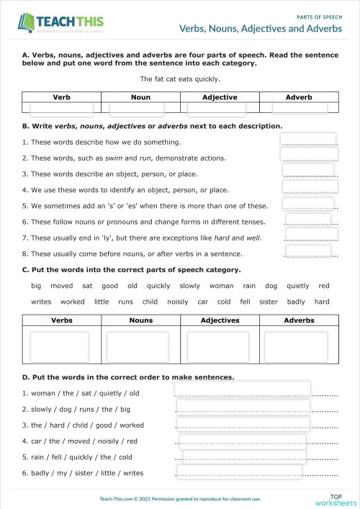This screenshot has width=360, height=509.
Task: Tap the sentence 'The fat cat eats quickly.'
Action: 180,79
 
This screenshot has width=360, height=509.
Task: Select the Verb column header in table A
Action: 62,96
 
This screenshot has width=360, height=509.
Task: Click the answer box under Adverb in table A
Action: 300,108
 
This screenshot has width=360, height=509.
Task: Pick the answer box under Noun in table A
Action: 140,109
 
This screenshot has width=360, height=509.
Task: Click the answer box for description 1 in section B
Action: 308,140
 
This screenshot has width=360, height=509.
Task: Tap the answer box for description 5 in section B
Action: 309,203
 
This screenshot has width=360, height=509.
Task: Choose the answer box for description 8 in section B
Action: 308,251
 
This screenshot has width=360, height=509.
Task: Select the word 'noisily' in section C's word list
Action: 177,302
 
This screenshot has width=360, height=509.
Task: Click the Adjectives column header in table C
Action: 220,320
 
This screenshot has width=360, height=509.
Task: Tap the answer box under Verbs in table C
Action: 59,346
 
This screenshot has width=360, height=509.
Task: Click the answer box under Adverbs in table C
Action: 297,346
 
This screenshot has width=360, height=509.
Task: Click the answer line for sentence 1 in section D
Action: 243,389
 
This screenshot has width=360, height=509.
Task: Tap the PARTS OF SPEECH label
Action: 318,14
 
